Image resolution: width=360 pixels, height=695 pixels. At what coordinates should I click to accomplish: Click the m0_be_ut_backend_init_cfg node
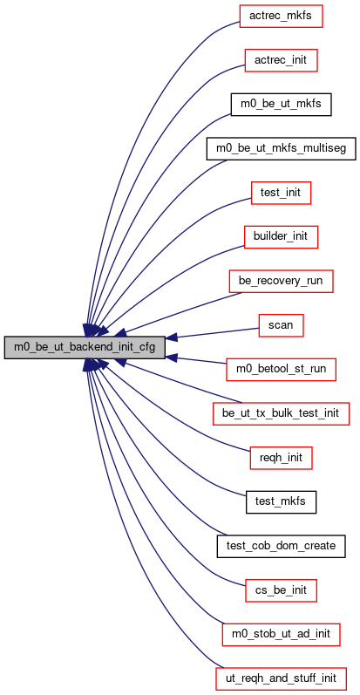(85, 347)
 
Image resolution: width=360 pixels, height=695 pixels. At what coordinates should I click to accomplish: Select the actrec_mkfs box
(281, 17)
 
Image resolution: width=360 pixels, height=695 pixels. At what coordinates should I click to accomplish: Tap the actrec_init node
(281, 60)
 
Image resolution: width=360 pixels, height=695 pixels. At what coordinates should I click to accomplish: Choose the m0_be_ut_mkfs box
(281, 105)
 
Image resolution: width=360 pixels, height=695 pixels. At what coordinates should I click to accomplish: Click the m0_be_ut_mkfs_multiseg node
(281, 149)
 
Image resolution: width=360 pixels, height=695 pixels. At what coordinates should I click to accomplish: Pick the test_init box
(281, 193)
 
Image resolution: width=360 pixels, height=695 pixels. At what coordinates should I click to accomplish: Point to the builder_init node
(281, 237)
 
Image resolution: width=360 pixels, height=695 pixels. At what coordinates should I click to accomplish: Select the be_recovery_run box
(281, 281)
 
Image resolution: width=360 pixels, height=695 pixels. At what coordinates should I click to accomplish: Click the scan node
(281, 325)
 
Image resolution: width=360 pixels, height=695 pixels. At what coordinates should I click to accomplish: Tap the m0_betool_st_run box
(281, 369)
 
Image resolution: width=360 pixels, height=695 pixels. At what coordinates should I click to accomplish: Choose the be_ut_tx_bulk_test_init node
(281, 413)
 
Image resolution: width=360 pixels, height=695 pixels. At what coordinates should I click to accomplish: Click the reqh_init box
(281, 458)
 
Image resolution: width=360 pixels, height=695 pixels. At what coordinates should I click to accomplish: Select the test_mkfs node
(281, 501)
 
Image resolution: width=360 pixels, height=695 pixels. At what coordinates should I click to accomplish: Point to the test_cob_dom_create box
(281, 546)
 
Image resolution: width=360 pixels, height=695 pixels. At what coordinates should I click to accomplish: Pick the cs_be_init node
(281, 590)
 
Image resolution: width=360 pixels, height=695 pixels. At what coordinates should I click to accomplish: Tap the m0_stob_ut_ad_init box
(281, 634)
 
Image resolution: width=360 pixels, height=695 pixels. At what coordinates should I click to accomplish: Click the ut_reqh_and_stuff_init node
(281, 678)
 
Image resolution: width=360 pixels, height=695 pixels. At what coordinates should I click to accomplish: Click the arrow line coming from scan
(212, 333)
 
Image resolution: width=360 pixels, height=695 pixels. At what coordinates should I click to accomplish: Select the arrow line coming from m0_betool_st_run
(196, 360)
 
